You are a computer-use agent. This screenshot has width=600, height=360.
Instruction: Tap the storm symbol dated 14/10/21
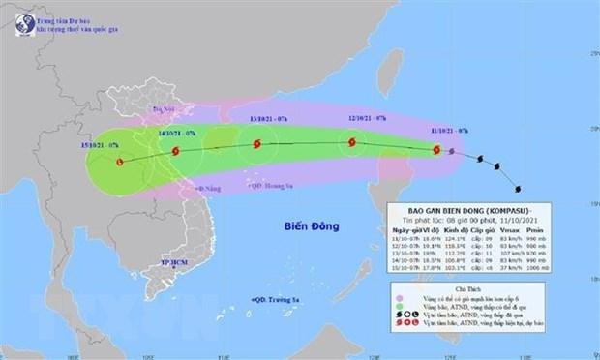point(175,151)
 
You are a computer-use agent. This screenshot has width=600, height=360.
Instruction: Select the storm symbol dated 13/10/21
point(256,145)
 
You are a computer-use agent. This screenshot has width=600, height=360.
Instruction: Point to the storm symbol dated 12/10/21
point(350,145)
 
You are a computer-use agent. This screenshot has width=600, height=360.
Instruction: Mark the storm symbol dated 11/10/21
point(437,150)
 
